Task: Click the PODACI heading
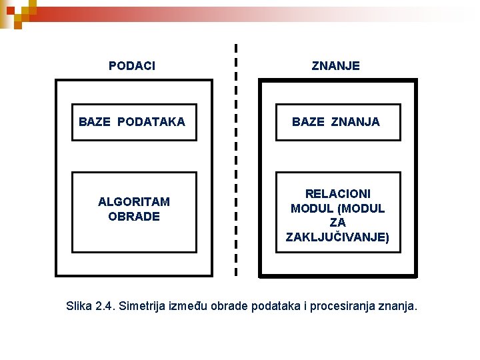coord(132,65)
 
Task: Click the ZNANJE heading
coord(336,65)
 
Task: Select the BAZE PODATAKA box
coord(134,122)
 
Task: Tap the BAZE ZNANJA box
coord(339,122)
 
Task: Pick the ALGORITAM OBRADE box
coord(134,211)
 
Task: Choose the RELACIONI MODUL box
coord(339,211)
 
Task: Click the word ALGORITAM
coord(134,201)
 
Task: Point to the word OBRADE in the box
coord(134,217)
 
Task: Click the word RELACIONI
coord(338,193)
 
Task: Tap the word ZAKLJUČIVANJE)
coord(338,237)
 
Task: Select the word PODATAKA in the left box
coord(154,122)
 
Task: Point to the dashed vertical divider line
coord(235,160)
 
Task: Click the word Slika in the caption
coord(79,306)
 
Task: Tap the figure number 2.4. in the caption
coord(105,306)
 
